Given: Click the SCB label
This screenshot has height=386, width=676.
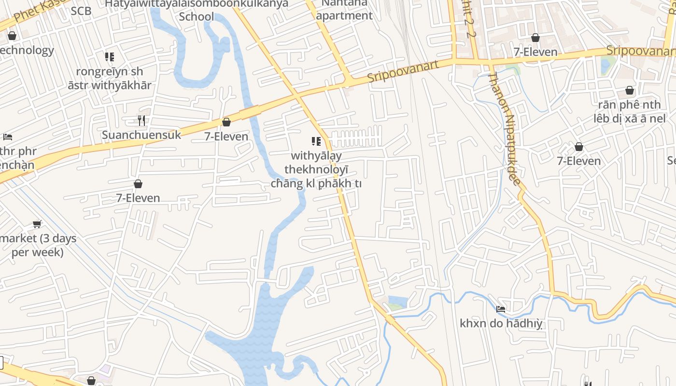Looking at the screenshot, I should (x=81, y=11).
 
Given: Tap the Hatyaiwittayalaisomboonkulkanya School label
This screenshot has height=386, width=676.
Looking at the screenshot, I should (x=197, y=10).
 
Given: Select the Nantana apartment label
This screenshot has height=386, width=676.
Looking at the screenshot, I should (x=344, y=9).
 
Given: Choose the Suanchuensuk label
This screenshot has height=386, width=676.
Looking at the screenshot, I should (x=141, y=135).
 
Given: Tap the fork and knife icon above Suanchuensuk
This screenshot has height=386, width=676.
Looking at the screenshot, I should (x=141, y=120).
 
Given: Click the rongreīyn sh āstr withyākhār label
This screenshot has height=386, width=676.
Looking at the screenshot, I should (x=110, y=79).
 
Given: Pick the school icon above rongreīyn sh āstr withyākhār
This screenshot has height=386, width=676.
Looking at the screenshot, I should (x=110, y=57).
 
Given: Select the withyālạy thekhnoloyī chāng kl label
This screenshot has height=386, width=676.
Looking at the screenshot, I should (x=316, y=169).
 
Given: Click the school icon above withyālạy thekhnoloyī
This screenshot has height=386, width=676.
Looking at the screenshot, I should (x=316, y=141).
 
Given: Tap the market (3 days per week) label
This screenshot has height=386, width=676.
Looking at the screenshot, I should (x=38, y=245).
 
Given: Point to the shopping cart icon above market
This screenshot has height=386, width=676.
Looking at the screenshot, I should (x=37, y=224).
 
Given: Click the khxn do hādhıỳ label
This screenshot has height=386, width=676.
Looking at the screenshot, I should (x=501, y=323).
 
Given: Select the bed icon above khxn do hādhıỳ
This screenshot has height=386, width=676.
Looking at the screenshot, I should (x=501, y=309).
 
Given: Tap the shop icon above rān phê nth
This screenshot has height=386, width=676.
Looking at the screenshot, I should (x=630, y=90).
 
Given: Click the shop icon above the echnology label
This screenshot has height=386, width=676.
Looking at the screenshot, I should (x=12, y=36).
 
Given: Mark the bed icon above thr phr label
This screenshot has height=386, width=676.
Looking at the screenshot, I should (x=7, y=137).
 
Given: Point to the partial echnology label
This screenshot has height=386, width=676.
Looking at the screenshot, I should (x=27, y=50).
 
